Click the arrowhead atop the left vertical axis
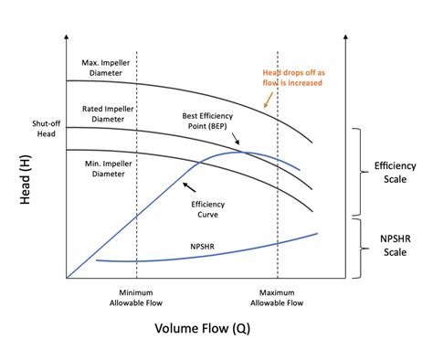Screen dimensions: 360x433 click(67, 39)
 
